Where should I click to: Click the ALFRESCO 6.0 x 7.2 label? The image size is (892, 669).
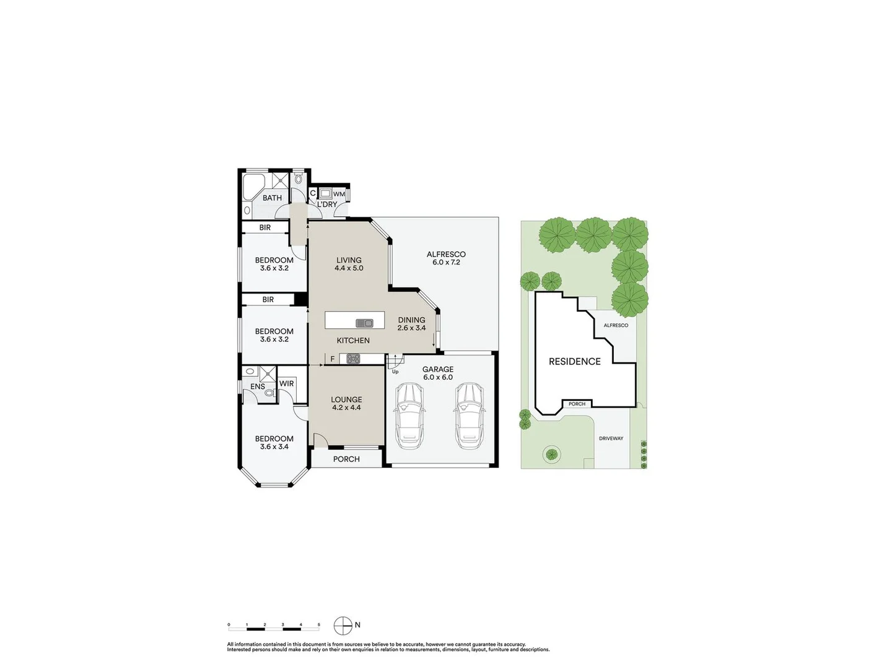446,258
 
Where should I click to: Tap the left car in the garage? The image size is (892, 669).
409,416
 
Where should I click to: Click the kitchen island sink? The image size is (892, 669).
364,323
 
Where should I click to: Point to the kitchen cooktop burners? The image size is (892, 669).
353,358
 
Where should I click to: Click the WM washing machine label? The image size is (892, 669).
339,194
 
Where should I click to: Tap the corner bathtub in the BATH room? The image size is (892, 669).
252,186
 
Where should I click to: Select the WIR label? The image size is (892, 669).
286,383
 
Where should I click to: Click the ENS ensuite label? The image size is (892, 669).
258,387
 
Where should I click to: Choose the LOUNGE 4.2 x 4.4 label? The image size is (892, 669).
346,403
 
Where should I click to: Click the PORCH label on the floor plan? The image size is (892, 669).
346,459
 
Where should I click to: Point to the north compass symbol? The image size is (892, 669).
343,626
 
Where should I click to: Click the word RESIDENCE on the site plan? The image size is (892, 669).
574,361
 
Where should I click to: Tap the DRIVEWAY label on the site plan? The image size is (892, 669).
611,439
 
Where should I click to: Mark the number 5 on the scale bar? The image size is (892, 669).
319,625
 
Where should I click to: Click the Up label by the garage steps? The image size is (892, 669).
395,372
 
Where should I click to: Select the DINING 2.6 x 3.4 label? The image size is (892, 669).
411,324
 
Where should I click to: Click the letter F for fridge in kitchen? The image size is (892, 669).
332,359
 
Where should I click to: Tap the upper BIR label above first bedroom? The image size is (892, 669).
265,227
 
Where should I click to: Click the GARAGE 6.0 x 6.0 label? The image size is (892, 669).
438,373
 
